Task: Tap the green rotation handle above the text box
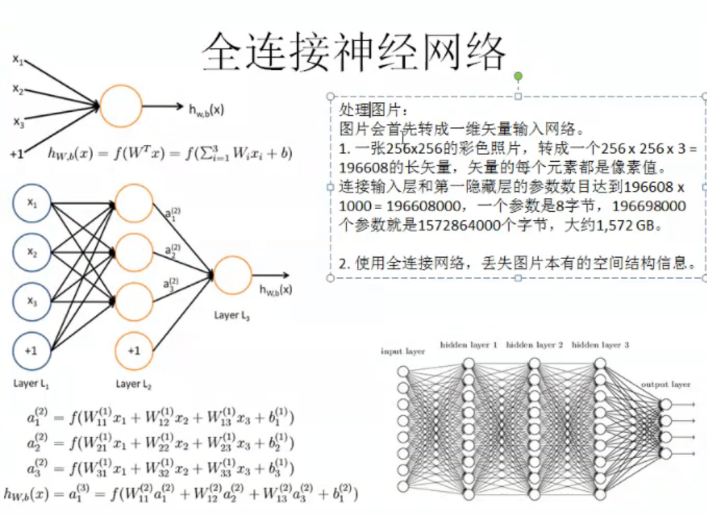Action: (x=517, y=76)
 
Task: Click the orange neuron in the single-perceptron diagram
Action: (x=121, y=106)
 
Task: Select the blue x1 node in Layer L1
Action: (x=32, y=203)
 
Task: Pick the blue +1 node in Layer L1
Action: (x=32, y=351)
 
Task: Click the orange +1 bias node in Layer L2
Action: (x=133, y=351)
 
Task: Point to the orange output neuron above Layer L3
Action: (x=233, y=275)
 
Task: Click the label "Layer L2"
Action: (x=133, y=383)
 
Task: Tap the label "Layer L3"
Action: (x=232, y=315)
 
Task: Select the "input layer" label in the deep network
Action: (x=403, y=351)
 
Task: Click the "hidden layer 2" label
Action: (x=535, y=345)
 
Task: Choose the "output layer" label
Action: (x=665, y=384)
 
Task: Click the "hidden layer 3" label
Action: (x=601, y=345)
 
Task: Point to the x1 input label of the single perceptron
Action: (x=18, y=60)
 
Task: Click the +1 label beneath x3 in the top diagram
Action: (x=17, y=154)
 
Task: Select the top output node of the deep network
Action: (x=665, y=405)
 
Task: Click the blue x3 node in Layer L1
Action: (x=32, y=302)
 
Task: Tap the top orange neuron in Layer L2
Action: (x=133, y=203)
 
